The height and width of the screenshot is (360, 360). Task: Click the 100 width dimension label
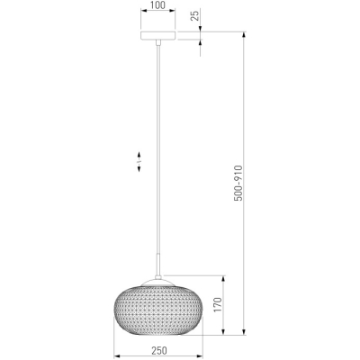click(157, 5)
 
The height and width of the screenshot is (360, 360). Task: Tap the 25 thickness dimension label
click(195, 15)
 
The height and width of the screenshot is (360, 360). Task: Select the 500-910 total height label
click(238, 183)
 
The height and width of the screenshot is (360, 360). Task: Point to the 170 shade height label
click(218, 305)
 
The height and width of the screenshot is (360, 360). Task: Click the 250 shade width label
click(159, 350)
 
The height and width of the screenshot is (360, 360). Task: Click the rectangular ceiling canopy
click(157, 35)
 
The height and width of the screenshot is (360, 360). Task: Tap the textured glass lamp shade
click(158, 310)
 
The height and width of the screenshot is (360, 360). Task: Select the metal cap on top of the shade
click(158, 282)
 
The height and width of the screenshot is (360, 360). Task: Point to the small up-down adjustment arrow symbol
click(139, 162)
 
